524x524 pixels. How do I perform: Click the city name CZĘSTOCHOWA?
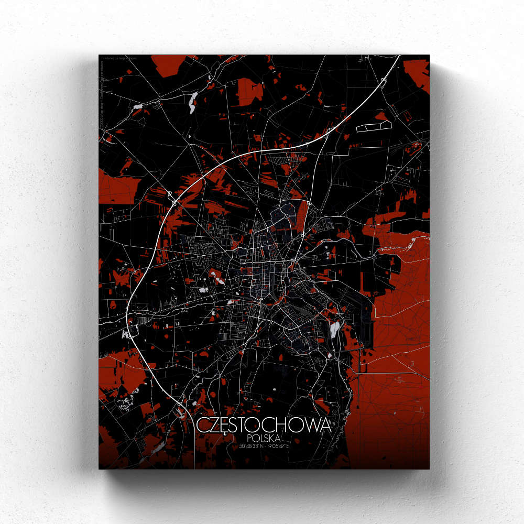264,425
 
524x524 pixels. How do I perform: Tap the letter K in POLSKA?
274,438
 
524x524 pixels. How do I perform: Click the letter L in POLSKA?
261,438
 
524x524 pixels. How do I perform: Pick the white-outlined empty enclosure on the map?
374,126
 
